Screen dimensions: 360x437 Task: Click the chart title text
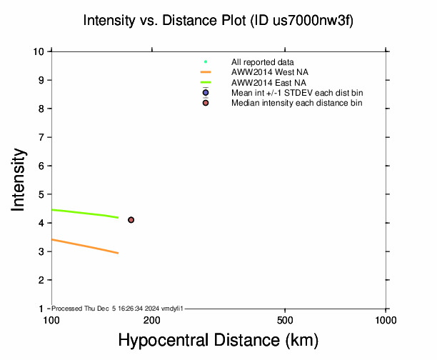point(218,21)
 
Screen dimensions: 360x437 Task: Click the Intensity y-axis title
point(20,179)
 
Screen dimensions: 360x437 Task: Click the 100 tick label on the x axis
point(51,319)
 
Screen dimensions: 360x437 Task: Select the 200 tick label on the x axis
point(152,319)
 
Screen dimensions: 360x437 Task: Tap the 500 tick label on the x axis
point(285,319)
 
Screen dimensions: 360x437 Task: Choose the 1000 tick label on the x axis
point(386,319)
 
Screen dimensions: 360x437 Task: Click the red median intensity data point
point(131,220)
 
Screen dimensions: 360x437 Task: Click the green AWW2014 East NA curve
point(86,213)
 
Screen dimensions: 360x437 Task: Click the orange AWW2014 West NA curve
point(86,246)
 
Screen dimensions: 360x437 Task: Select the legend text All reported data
point(262,62)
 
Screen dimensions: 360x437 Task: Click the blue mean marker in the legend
point(206,93)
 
